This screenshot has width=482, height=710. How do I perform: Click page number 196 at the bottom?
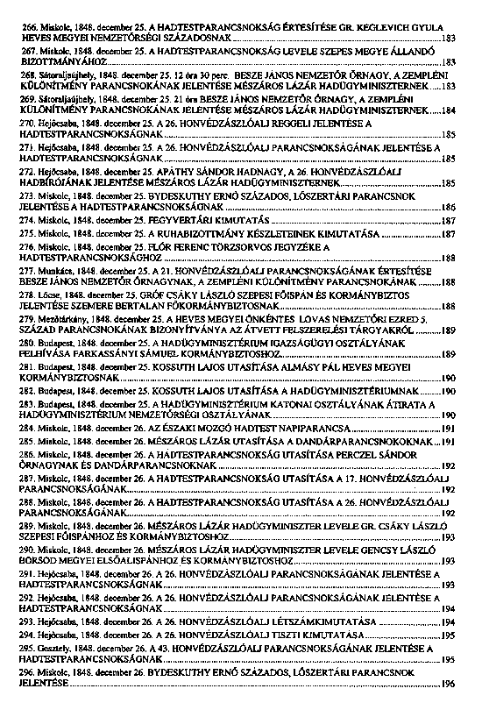pos(449,682)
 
